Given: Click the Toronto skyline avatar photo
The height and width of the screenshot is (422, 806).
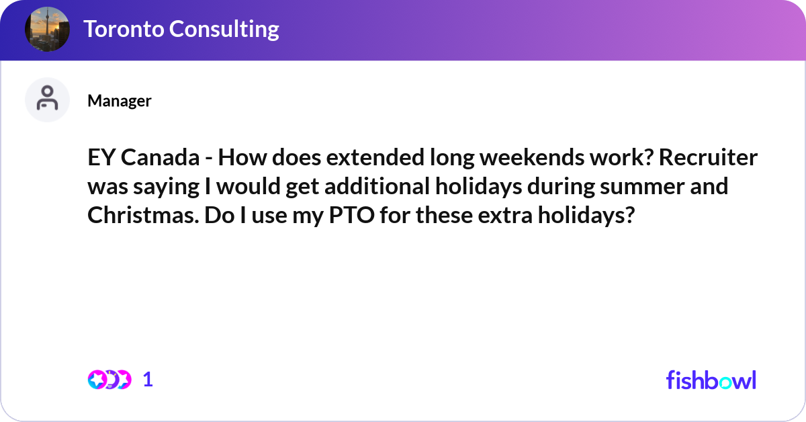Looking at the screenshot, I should click(x=47, y=30).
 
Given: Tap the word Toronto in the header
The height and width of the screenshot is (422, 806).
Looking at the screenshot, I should click(x=122, y=30).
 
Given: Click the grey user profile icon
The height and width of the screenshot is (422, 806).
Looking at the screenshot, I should click(x=47, y=99).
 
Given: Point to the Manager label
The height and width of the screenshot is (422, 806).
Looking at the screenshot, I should click(x=120, y=101).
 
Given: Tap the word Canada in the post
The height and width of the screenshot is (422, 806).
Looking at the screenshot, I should click(x=161, y=159).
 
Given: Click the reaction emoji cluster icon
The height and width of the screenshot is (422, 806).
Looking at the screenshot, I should click(x=109, y=380).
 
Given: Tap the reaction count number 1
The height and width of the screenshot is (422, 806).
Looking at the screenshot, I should click(x=148, y=380).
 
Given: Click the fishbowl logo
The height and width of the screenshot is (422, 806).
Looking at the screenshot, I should click(x=711, y=380).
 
